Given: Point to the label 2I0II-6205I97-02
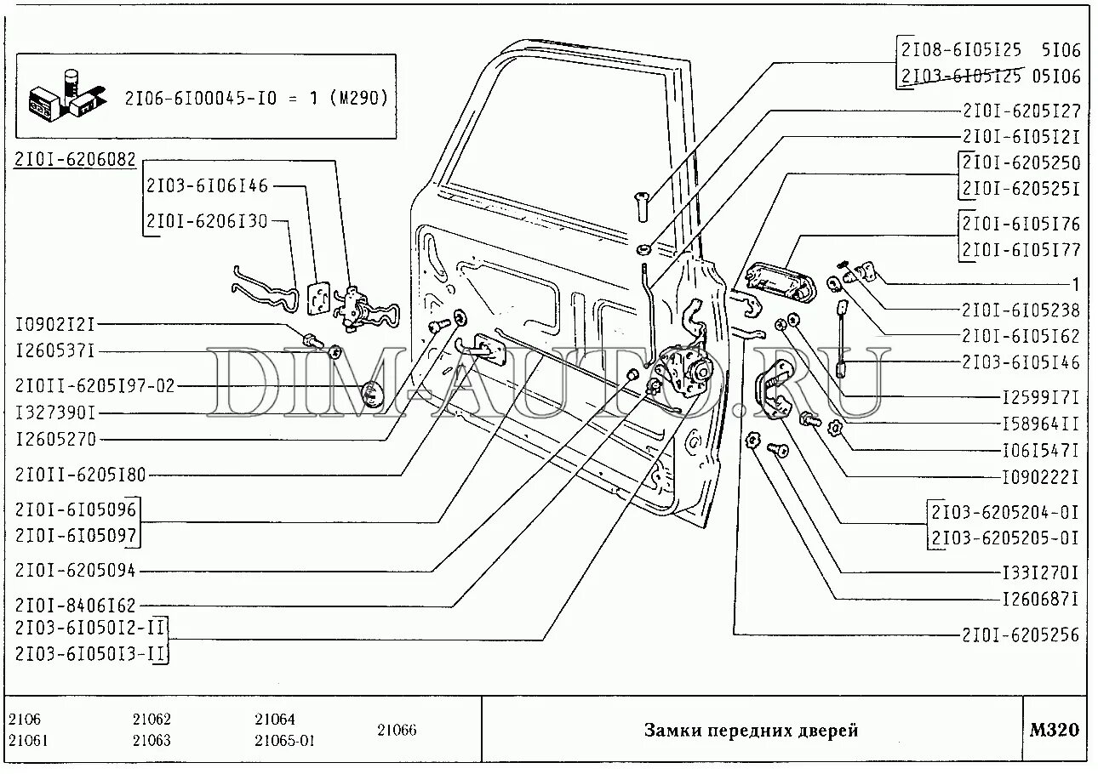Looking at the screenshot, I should coord(94,386).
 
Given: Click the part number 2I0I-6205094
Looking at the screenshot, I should coord(75,570).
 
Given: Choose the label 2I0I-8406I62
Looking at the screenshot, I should coord(75,605).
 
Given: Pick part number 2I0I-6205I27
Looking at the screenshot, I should coord(1021,111).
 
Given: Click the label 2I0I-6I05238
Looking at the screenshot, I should coord(1021,310).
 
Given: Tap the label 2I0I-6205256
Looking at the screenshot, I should coord(1021,635).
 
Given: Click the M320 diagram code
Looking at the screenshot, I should coord(1054,730).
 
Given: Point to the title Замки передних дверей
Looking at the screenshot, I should coord(750,731).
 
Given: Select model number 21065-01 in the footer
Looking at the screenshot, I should coord(284,740).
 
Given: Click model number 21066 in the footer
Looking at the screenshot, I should coord(397,730).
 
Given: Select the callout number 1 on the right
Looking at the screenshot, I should coord(1075,285).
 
